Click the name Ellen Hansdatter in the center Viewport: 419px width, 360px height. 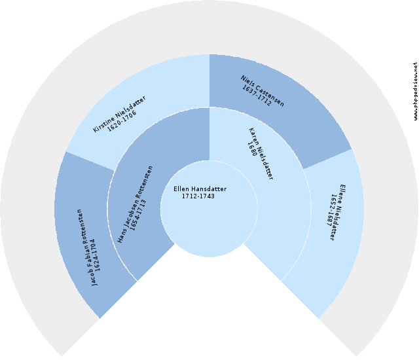click(x=200, y=189)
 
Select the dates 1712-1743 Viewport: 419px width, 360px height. click(x=198, y=196)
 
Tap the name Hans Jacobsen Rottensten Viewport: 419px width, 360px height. click(x=136, y=204)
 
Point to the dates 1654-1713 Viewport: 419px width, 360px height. click(x=138, y=215)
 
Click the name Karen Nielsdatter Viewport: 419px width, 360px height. click(x=261, y=154)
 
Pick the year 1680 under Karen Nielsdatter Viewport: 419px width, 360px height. click(x=252, y=149)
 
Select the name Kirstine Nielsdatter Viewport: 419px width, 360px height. click(x=119, y=114)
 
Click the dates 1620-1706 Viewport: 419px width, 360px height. click(x=122, y=120)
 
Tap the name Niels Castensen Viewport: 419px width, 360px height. click(x=263, y=91)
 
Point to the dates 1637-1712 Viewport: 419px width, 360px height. click(x=256, y=96)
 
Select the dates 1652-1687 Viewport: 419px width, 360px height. click(x=331, y=211)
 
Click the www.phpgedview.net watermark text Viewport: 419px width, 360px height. click(x=415, y=91)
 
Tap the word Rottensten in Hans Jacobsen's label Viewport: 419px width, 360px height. click(x=144, y=181)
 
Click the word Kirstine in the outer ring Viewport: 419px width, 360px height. click(x=103, y=123)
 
